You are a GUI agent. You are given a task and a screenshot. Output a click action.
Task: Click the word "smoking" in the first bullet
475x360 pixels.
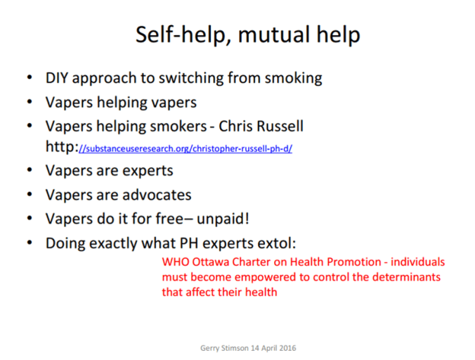[x=292, y=78]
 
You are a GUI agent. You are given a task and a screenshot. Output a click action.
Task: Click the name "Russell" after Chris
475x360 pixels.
[x=278, y=126]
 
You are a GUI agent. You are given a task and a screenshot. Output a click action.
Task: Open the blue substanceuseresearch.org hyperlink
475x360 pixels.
[x=186, y=149]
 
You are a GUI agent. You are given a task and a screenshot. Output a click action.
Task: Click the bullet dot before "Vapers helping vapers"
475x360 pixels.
[x=29, y=103]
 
